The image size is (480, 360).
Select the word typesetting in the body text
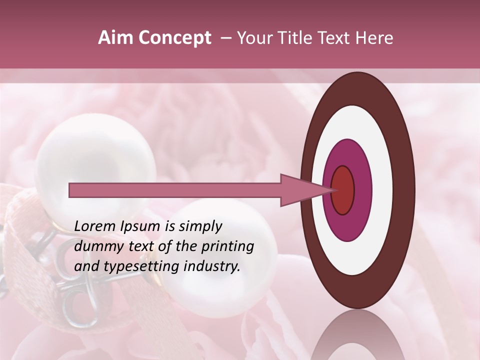tap(144, 266)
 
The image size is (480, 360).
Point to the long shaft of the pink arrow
tap(175, 190)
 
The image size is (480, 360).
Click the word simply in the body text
tap(200, 226)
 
